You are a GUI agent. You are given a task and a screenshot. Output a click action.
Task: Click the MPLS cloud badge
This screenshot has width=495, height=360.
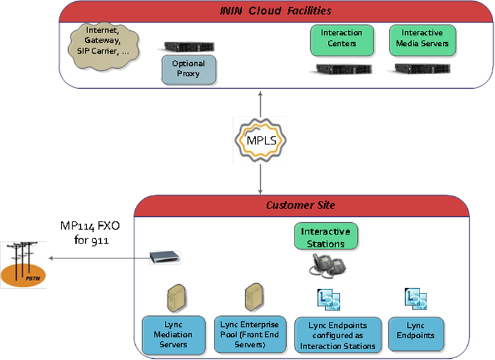tap(260, 141)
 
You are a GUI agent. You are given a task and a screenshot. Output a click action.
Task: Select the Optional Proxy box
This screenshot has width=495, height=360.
tap(188, 69)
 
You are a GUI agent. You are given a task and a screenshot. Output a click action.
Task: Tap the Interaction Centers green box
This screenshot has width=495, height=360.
tap(341, 38)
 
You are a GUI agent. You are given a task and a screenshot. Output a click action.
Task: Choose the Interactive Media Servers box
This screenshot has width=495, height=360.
tap(422, 38)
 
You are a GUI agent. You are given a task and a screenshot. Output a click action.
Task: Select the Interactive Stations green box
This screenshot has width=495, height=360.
tap(325, 236)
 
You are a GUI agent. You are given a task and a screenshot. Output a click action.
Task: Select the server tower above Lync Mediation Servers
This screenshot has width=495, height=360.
tap(175, 298)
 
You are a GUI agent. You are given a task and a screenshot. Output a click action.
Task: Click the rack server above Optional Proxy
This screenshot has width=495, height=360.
tap(189, 46)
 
